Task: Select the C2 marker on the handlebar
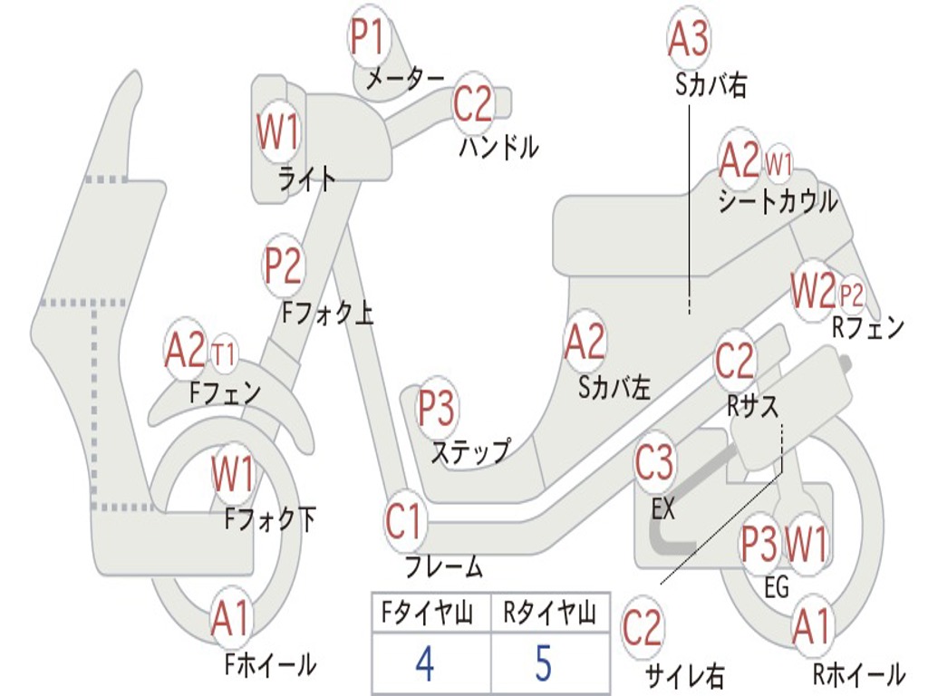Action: click(472, 104)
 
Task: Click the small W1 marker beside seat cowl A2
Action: click(779, 163)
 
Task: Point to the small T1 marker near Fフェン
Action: click(224, 353)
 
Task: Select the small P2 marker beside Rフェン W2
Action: click(852, 294)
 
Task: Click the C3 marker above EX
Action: click(654, 464)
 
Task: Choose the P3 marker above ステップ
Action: click(436, 408)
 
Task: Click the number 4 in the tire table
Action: click(424, 663)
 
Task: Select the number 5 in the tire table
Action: click(544, 663)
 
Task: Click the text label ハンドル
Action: click(499, 146)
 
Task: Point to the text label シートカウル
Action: click(778, 201)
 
